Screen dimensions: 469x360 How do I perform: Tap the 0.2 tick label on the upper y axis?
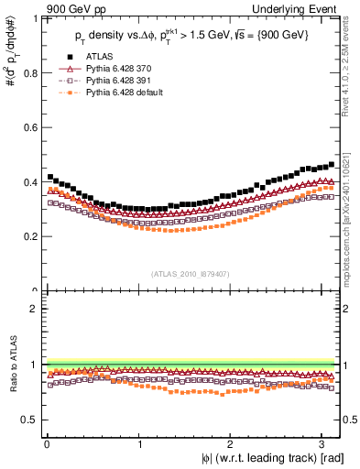[31, 236]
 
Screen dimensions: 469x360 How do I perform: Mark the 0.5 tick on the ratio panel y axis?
[31, 420]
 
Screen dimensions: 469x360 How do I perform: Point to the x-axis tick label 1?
[139, 442]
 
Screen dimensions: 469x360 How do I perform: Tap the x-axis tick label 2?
[232, 442]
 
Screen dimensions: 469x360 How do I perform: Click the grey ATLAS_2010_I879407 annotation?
[191, 273]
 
